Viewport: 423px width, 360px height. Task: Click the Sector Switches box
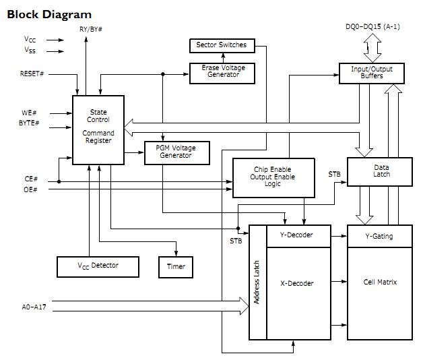point(221,46)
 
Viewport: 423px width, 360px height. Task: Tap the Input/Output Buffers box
point(372,72)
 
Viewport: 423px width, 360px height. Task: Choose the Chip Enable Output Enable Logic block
point(274,177)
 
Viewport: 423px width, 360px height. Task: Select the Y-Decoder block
point(299,237)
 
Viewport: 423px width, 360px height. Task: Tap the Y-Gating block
point(379,237)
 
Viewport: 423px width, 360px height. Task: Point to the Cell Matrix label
point(380,282)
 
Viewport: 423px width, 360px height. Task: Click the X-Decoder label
point(296,284)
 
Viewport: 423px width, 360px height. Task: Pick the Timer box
point(176,266)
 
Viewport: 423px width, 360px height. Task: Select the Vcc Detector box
point(97,266)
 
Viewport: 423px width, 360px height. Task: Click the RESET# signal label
point(32,73)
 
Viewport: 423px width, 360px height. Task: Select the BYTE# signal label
point(30,123)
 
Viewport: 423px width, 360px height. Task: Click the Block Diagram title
point(48,14)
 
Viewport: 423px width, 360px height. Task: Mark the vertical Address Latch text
point(257,282)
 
